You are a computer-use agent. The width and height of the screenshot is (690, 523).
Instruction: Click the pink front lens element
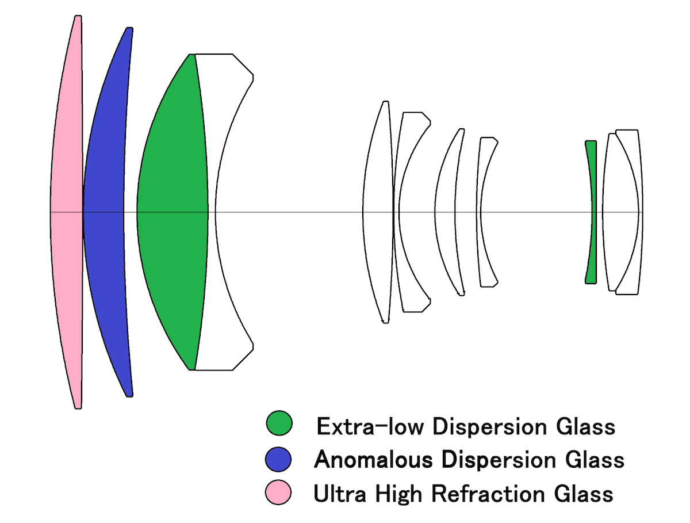(x=66, y=213)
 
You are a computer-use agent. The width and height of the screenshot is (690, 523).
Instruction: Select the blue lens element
(x=103, y=213)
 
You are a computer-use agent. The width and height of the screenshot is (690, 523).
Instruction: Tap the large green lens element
(x=172, y=213)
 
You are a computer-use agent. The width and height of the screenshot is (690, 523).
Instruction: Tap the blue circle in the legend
(x=279, y=459)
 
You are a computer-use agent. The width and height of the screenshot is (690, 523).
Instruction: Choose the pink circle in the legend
(x=279, y=493)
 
